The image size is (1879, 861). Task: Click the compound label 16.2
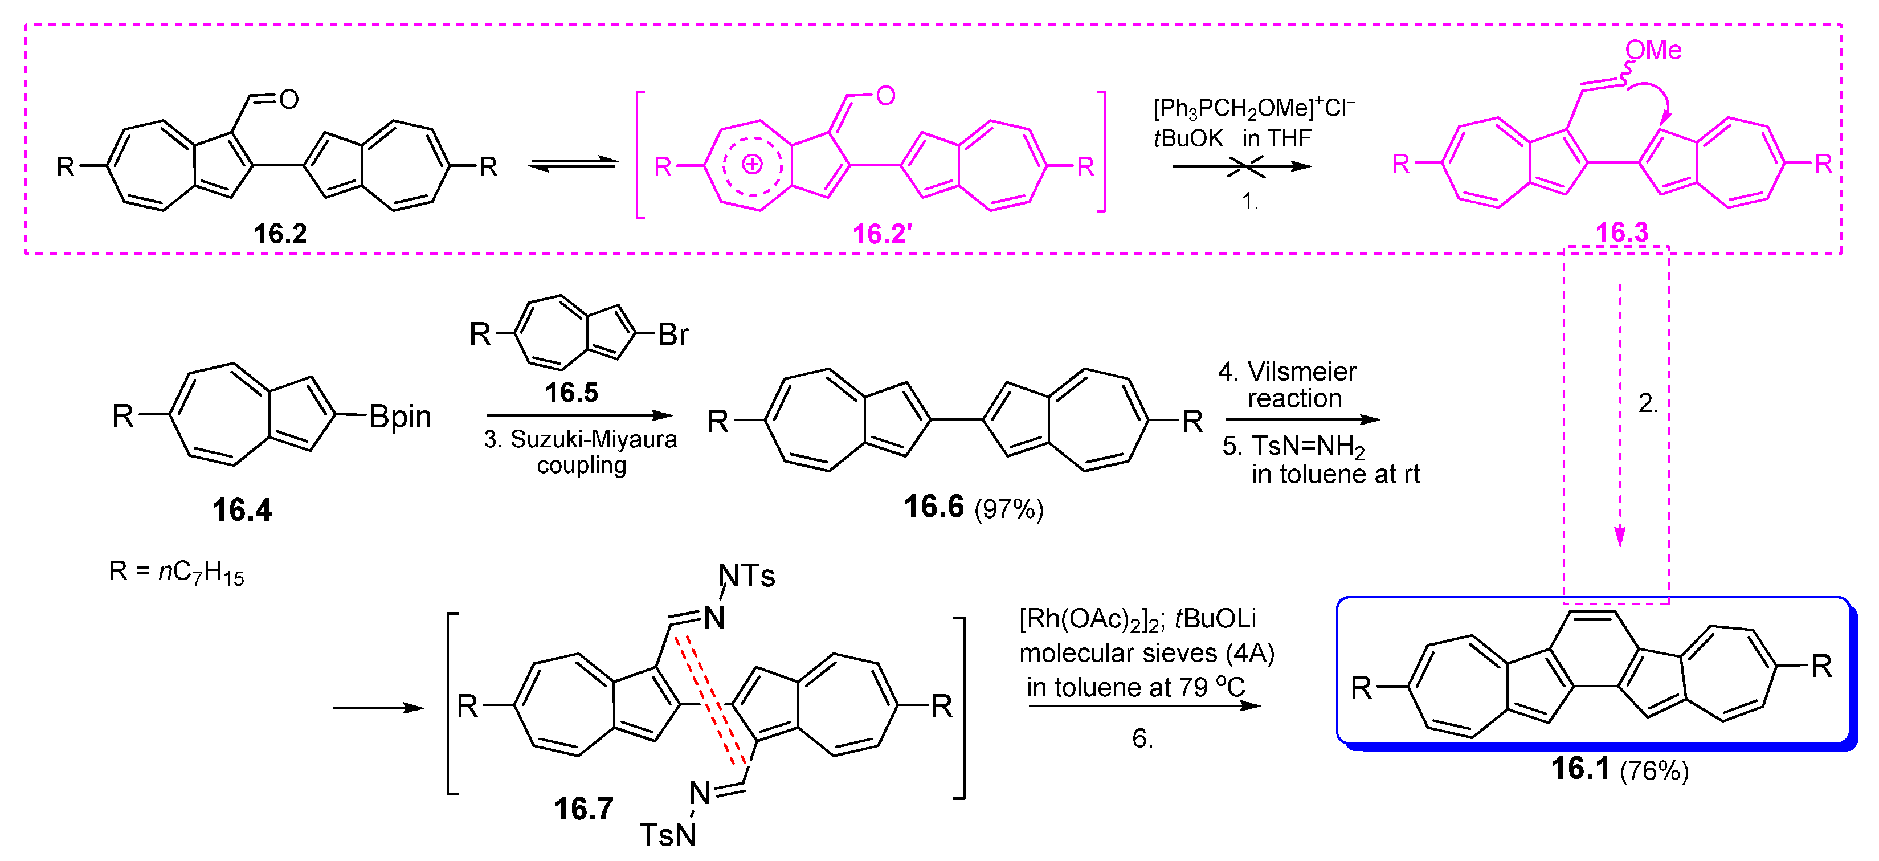coord(280,234)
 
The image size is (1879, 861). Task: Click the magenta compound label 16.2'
coord(882,234)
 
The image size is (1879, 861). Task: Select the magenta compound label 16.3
coord(1621,232)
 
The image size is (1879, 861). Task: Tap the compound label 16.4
coord(242,509)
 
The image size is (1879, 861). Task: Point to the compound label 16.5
coord(571,392)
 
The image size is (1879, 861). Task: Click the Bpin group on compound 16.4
coord(400,416)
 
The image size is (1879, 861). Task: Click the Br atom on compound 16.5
coord(672,334)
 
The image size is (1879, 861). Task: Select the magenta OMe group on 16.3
coord(1653,50)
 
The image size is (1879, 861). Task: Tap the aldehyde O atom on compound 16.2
coord(289,99)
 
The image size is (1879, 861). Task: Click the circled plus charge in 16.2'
coord(752,164)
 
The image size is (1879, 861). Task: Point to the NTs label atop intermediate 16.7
coord(746,576)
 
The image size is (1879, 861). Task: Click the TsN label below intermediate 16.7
coord(667,835)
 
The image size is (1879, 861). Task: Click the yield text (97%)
coord(1009,509)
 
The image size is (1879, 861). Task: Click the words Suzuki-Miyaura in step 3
coord(593,439)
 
